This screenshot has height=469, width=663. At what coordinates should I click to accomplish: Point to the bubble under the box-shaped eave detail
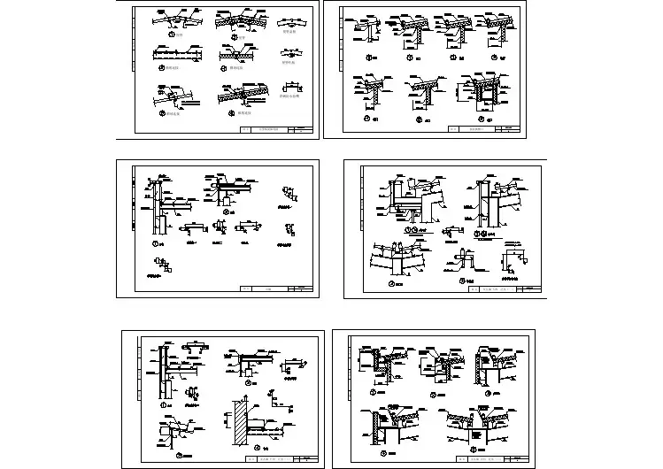pyautogui.click(x=482, y=118)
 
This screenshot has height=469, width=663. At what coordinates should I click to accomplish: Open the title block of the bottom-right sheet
pyautogui.click(x=495, y=459)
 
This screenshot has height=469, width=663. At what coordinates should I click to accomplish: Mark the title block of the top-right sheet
pyautogui.click(x=482, y=130)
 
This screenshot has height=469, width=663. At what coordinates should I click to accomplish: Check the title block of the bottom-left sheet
pyautogui.click(x=279, y=460)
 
